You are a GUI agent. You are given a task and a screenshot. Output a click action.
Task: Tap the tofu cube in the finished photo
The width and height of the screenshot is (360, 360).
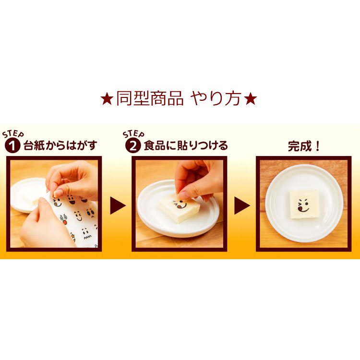303,204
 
